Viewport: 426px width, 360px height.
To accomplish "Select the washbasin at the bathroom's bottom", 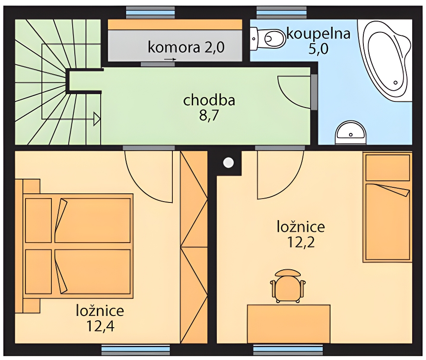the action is tap(351, 133).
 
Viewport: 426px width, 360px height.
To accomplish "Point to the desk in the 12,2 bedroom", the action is tap(289, 324).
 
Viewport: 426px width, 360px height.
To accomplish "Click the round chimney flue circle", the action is tap(228, 163).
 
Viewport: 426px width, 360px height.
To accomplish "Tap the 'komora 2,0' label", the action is tap(186, 47).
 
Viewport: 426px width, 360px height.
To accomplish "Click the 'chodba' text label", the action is tap(209, 100).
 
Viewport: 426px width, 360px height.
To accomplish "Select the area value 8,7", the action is tap(209, 116).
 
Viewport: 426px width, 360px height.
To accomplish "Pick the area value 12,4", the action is tap(100, 326).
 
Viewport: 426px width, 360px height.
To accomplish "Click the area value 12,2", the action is tap(301, 242).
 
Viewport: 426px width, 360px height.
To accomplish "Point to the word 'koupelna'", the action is tap(318, 34).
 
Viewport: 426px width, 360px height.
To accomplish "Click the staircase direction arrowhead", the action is tap(97, 119).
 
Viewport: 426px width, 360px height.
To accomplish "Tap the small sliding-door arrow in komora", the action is tap(170, 59).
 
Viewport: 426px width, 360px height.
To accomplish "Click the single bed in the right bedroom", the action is tap(388, 207).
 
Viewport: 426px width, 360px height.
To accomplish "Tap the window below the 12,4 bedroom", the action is tap(136, 350).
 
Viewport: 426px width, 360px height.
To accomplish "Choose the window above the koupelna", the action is tap(282, 13).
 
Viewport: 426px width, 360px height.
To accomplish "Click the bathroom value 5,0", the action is tap(318, 49).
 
